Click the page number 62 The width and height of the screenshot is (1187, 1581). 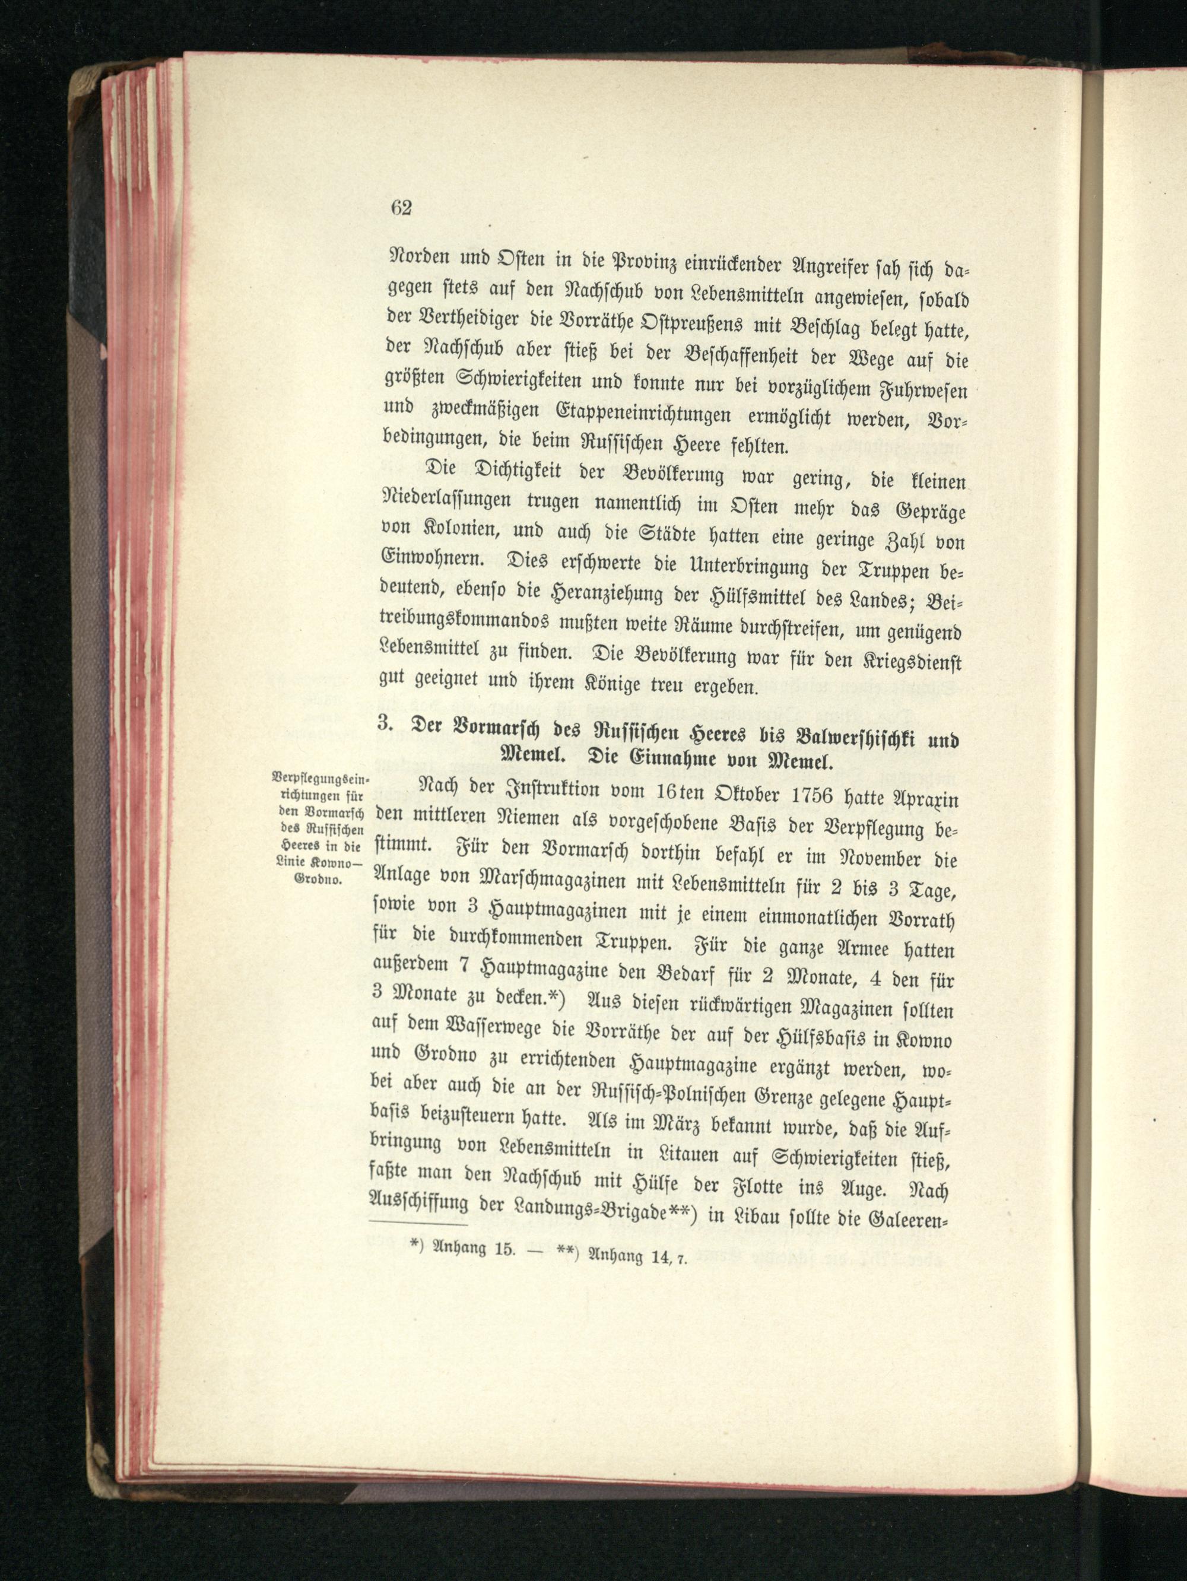[x=401, y=208]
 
